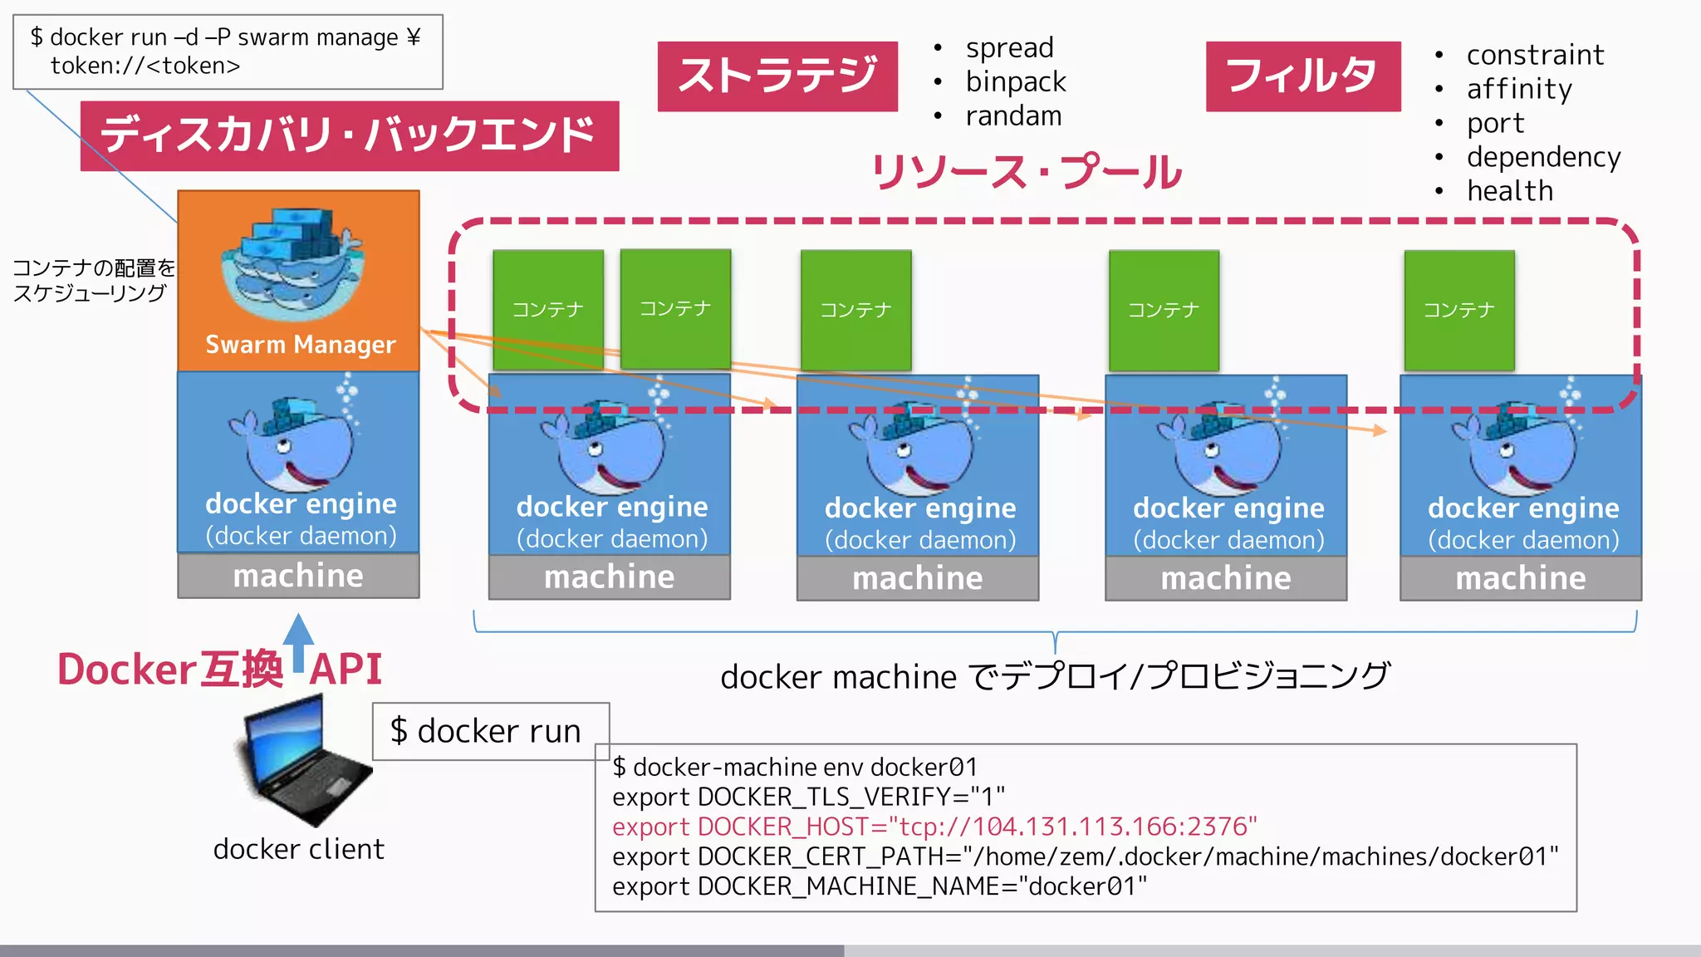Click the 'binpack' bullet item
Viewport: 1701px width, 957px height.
tap(1015, 81)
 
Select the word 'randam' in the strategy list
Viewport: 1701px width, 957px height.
tap(1013, 116)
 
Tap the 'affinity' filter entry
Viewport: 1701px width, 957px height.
tap(1518, 88)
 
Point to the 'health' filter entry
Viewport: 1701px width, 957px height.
tap(1509, 191)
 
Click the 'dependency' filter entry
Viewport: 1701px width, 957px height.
tap(1542, 157)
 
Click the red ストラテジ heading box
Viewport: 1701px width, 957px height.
tap(777, 76)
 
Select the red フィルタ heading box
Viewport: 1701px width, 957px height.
tap(1302, 76)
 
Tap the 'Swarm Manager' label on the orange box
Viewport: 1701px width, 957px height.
tap(300, 344)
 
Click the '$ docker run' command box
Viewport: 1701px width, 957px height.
tap(490, 731)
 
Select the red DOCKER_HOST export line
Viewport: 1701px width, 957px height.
tap(934, 827)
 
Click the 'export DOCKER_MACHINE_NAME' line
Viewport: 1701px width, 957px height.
tap(879, 886)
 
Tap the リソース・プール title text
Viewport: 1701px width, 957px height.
tap(1027, 172)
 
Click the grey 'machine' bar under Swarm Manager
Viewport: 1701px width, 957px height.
tap(298, 576)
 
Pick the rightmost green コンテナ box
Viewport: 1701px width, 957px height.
tap(1458, 310)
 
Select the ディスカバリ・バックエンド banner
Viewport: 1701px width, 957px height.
tap(349, 135)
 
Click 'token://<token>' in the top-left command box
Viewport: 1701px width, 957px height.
tap(145, 66)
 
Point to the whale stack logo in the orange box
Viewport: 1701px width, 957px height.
tap(292, 263)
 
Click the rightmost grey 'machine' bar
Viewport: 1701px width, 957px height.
tap(1520, 578)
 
